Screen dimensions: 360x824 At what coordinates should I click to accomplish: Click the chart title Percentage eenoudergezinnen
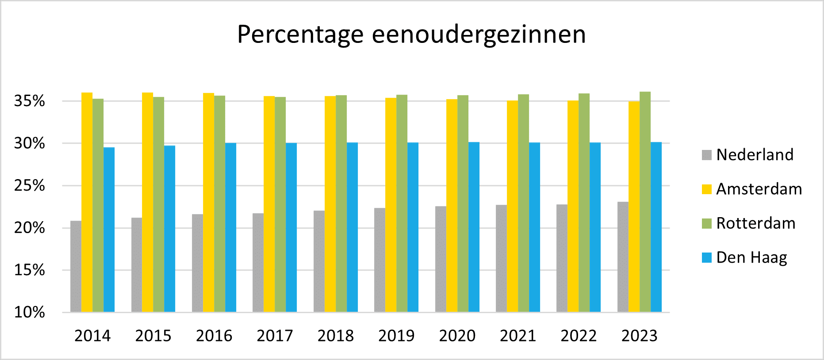411,34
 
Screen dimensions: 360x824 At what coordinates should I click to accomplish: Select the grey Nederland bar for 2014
76,266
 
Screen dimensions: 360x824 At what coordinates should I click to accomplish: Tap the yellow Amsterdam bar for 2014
87,202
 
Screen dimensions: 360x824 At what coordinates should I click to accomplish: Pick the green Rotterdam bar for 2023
645,202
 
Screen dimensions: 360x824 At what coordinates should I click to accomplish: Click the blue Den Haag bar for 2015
169,229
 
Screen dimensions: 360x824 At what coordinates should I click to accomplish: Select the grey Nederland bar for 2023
623,257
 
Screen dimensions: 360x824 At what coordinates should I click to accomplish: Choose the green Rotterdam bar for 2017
280,204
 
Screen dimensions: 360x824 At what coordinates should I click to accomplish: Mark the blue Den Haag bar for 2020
474,227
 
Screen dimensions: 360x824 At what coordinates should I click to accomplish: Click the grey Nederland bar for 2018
319,261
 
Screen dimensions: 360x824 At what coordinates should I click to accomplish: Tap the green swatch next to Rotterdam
707,223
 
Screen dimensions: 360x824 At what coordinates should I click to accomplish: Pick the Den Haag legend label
751,257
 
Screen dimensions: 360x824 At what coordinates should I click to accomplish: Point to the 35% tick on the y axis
30,101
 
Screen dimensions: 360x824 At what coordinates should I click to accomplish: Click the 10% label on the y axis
30,313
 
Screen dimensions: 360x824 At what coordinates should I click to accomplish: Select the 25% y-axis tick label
30,186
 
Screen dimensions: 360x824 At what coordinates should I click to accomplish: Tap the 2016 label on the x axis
214,336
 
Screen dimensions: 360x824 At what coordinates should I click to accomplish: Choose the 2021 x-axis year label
518,336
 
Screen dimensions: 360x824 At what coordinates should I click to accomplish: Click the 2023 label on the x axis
640,336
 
